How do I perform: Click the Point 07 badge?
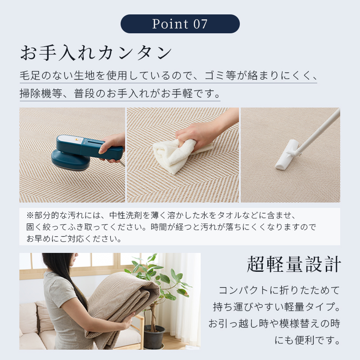click(x=180, y=24)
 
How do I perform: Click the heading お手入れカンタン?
click(x=96, y=53)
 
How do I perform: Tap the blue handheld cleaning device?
click(x=87, y=152)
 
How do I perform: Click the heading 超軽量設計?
click(x=294, y=265)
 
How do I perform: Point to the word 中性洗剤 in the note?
click(x=126, y=216)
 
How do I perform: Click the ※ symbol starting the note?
click(x=30, y=216)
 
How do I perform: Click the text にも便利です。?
click(x=307, y=340)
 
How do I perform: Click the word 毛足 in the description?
click(x=30, y=76)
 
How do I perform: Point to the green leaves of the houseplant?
click(x=161, y=275)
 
